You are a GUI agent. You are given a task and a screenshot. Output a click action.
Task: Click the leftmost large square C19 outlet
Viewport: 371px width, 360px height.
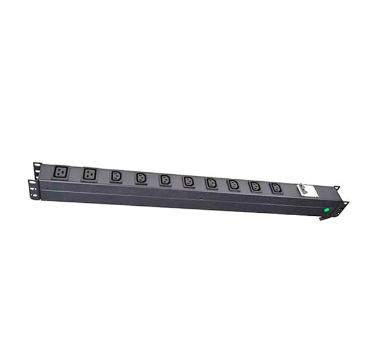(61, 172)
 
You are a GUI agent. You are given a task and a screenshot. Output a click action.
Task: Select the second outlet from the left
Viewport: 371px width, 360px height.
(90, 174)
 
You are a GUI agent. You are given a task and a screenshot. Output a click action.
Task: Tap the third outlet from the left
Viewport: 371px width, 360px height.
(115, 176)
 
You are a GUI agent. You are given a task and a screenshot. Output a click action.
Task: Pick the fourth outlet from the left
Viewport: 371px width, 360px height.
(140, 178)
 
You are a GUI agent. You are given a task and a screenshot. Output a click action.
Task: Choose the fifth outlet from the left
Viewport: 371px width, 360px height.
(165, 179)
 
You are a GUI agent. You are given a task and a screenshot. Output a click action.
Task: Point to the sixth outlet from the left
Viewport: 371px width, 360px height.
(188, 181)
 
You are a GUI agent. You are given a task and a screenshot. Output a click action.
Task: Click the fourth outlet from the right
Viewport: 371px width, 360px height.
(211, 183)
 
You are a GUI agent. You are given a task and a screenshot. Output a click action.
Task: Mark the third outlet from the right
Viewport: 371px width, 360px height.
(233, 185)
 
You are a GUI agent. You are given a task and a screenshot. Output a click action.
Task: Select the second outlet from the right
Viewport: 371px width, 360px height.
(255, 186)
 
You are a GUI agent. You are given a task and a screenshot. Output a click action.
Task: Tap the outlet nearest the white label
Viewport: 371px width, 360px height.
(275, 188)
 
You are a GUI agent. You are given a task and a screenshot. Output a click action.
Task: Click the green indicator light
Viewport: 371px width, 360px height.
(326, 209)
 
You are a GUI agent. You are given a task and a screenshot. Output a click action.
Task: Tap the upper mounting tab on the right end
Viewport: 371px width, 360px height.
(336, 188)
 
